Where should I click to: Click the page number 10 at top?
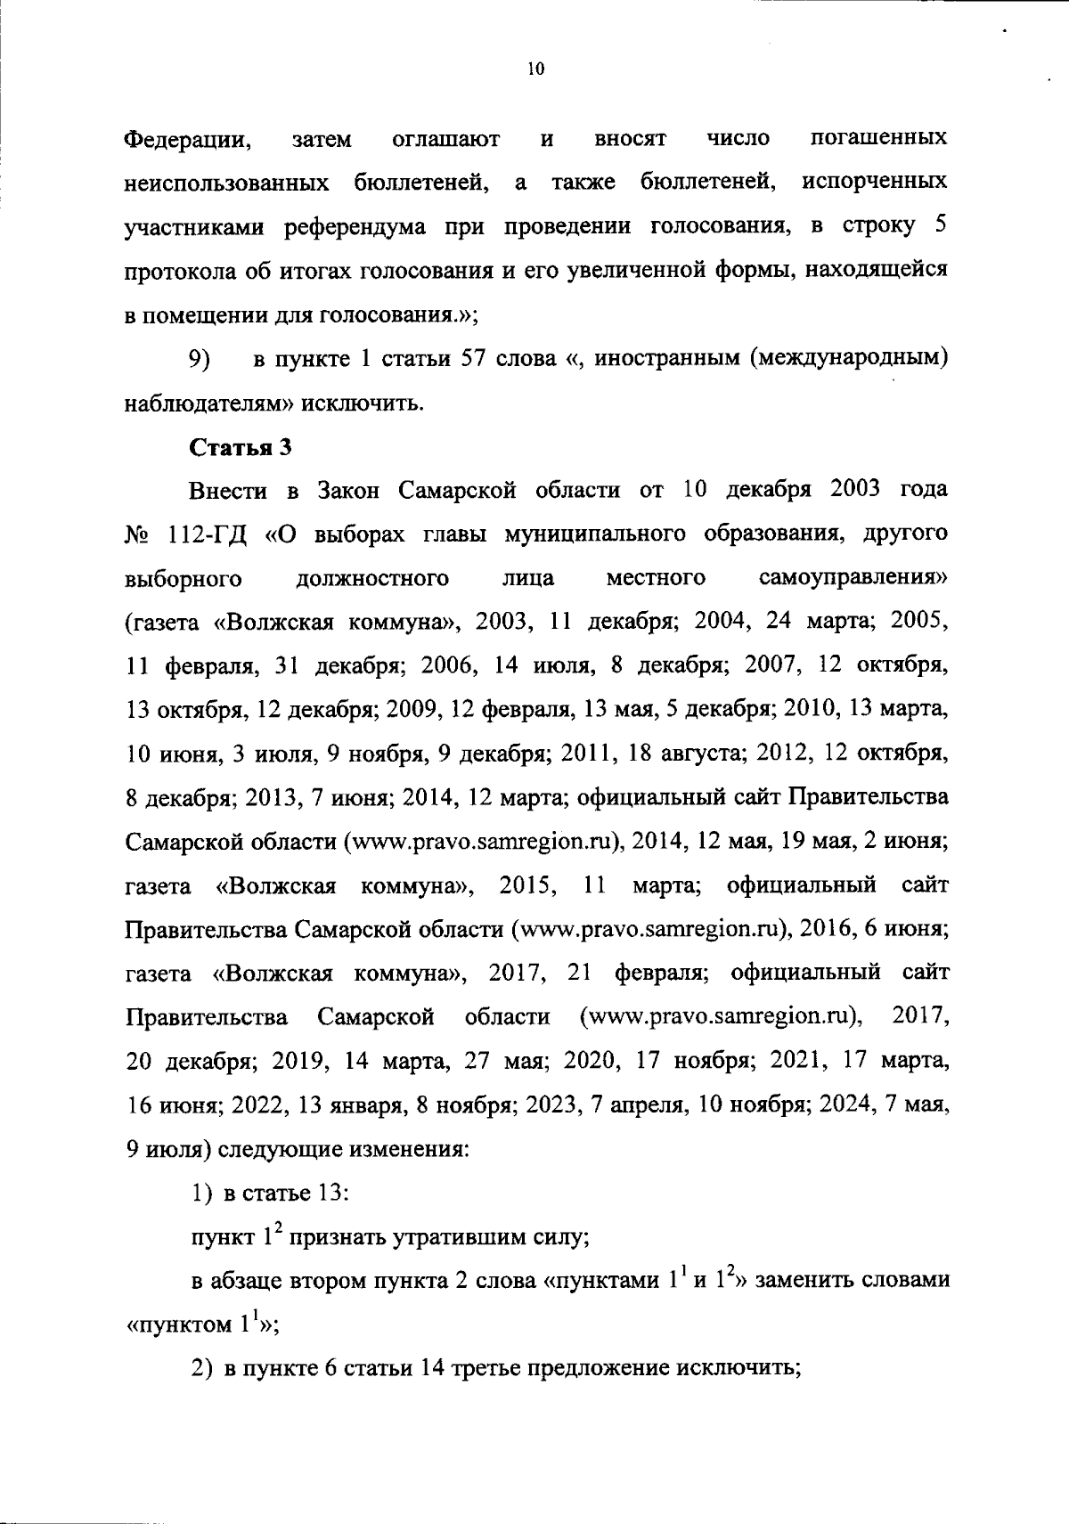tap(535, 69)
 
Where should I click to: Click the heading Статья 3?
tap(241, 448)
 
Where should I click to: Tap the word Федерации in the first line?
tap(184, 140)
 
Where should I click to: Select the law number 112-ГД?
tap(210, 535)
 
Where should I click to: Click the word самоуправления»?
tap(853, 579)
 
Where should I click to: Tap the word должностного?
tap(371, 579)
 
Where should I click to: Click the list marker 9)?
tap(199, 360)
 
